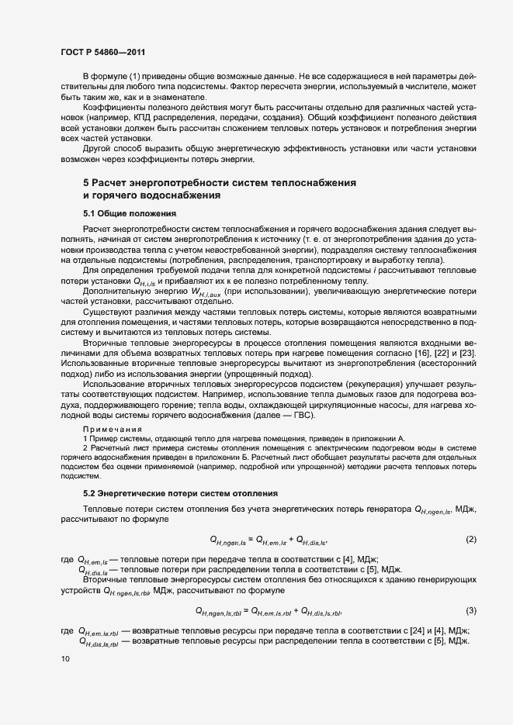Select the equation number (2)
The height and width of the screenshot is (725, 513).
click(470, 538)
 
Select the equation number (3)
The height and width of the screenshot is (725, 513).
click(470, 609)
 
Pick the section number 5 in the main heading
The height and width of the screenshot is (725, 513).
click(86, 182)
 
